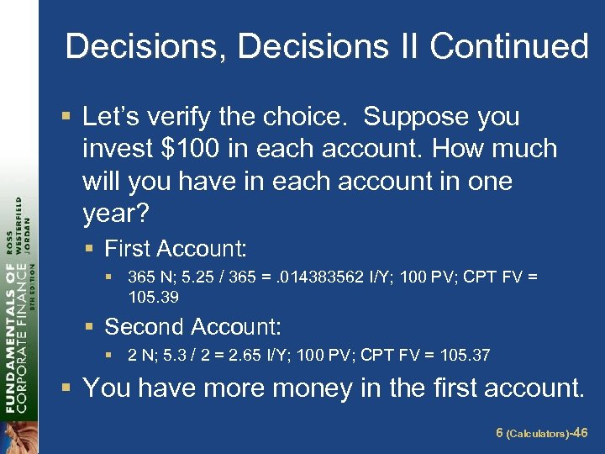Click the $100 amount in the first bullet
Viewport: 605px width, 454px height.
point(198,149)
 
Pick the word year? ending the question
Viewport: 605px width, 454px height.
point(116,214)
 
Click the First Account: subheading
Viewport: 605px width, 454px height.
point(175,249)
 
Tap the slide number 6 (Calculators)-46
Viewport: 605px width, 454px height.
point(541,433)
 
